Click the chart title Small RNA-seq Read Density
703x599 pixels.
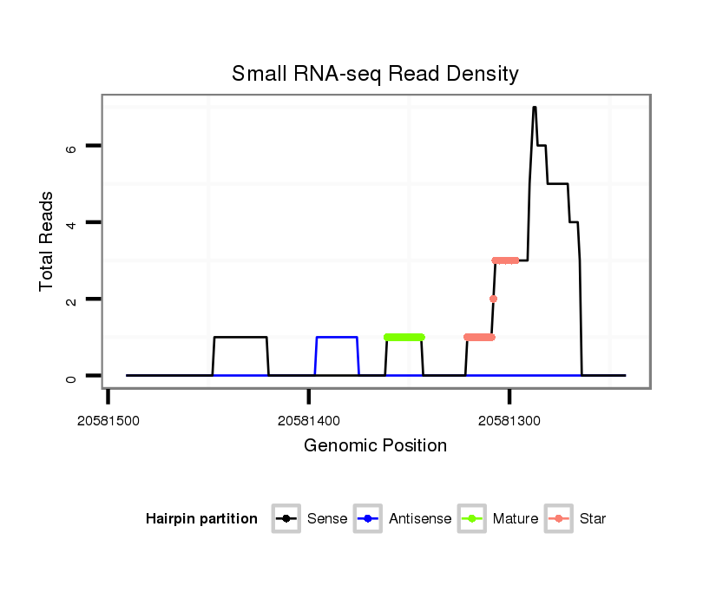click(x=375, y=74)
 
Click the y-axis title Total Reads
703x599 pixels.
click(x=49, y=241)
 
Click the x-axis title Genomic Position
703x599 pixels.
click(x=375, y=446)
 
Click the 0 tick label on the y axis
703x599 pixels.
click(x=72, y=376)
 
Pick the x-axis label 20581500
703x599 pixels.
click(x=108, y=421)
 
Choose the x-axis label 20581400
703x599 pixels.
click(x=309, y=421)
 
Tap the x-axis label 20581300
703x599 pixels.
click(x=509, y=421)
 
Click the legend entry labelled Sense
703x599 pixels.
click(x=327, y=519)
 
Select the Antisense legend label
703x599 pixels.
click(x=420, y=519)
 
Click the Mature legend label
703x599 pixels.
click(x=515, y=519)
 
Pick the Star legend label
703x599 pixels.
click(x=593, y=519)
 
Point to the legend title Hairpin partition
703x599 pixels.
click(x=201, y=519)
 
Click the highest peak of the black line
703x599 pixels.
click(x=535, y=108)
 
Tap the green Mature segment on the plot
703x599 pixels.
click(x=404, y=337)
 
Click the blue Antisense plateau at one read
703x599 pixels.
click(x=337, y=337)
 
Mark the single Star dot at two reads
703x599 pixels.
click(x=493, y=299)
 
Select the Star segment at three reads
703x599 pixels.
click(x=505, y=260)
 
